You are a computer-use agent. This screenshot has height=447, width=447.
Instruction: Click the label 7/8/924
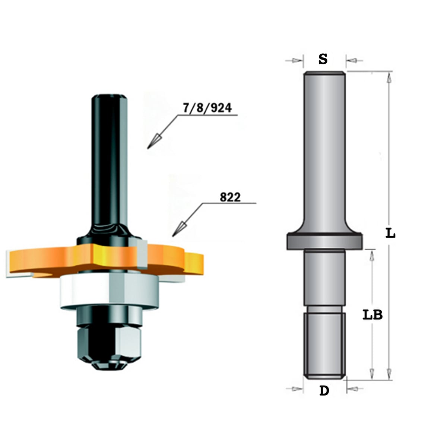(207, 108)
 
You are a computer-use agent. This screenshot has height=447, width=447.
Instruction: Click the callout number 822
(230, 197)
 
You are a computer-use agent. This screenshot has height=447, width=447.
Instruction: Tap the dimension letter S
(323, 59)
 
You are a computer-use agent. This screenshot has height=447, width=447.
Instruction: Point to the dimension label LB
(372, 315)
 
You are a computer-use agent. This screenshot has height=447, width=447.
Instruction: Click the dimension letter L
(390, 234)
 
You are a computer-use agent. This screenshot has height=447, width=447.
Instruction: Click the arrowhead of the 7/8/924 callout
(154, 141)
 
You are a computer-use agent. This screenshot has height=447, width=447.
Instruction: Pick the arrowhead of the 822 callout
(179, 229)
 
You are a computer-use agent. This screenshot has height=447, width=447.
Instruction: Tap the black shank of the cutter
(109, 162)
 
